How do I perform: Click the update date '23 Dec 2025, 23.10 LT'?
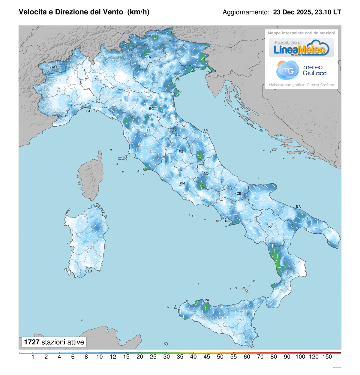pyautogui.click(x=307, y=12)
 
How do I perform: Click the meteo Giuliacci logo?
pyautogui.click(x=301, y=70)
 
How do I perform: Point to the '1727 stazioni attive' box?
pyautogui.click(x=54, y=342)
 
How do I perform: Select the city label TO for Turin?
pyautogui.click(x=59, y=91)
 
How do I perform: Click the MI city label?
pyautogui.click(x=97, y=79)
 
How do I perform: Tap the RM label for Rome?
pyautogui.click(x=182, y=183)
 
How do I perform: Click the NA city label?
pyautogui.click(x=227, y=221)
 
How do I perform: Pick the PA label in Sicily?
pyautogui.click(x=207, y=300)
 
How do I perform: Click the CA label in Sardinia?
pyautogui.click(x=90, y=271)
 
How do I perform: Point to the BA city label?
pyautogui.click(x=298, y=206)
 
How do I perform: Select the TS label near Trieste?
pyautogui.click(x=208, y=73)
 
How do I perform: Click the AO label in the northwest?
pyautogui.click(x=54, y=67)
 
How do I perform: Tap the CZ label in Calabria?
pyautogui.click(x=288, y=278)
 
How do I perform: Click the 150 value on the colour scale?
pyautogui.click(x=327, y=357)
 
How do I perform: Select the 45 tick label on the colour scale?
pyautogui.click(x=207, y=357)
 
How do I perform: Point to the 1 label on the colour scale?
pyautogui.click(x=33, y=357)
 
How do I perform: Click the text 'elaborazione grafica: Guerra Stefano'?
pyautogui.click(x=301, y=85)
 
